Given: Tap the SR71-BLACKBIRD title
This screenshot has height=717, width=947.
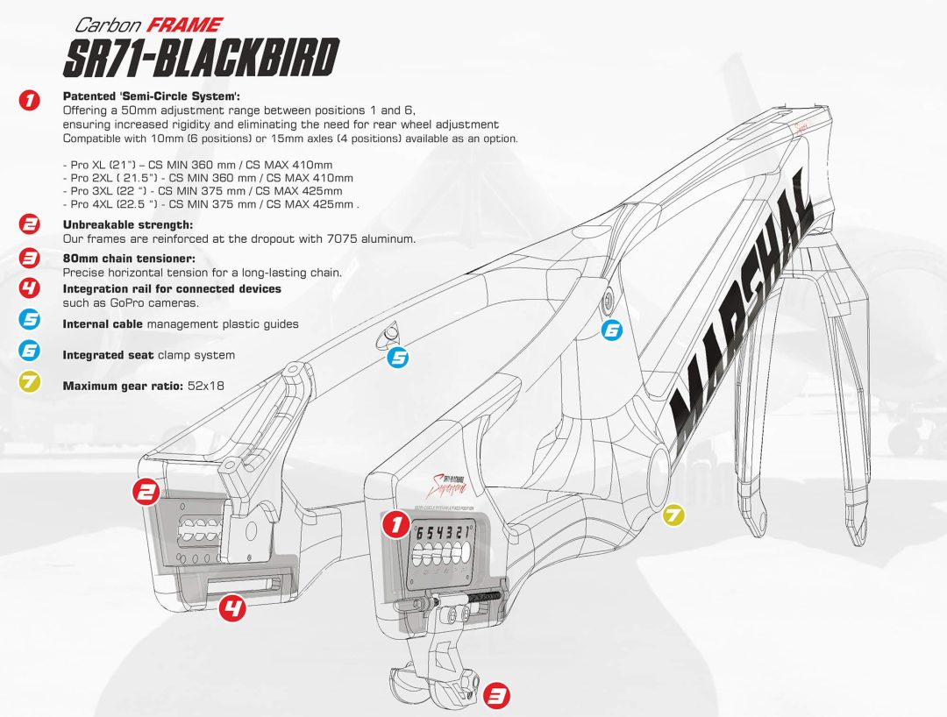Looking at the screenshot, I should point(201,60).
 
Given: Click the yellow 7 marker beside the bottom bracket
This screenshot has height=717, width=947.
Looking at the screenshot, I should point(673,515).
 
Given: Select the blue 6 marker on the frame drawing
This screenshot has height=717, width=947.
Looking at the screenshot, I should point(611,330).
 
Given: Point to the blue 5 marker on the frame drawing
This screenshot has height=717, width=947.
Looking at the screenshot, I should point(398,357).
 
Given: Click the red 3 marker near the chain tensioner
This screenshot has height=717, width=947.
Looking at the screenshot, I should point(496,696).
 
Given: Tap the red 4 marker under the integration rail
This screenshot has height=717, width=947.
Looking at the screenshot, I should point(232,607).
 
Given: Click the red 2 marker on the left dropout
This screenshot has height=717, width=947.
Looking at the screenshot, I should point(145,492).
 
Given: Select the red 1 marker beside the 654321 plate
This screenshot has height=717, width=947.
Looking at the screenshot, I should point(395,525).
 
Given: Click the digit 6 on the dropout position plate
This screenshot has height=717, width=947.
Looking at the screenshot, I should point(420,533).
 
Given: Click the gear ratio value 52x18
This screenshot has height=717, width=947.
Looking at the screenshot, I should point(207,386).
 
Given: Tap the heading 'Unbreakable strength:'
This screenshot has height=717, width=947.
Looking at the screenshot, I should point(128,224).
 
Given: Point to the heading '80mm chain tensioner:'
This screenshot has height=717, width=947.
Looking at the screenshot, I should point(128,259).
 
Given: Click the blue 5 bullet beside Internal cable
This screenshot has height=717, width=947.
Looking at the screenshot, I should point(30,321).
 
